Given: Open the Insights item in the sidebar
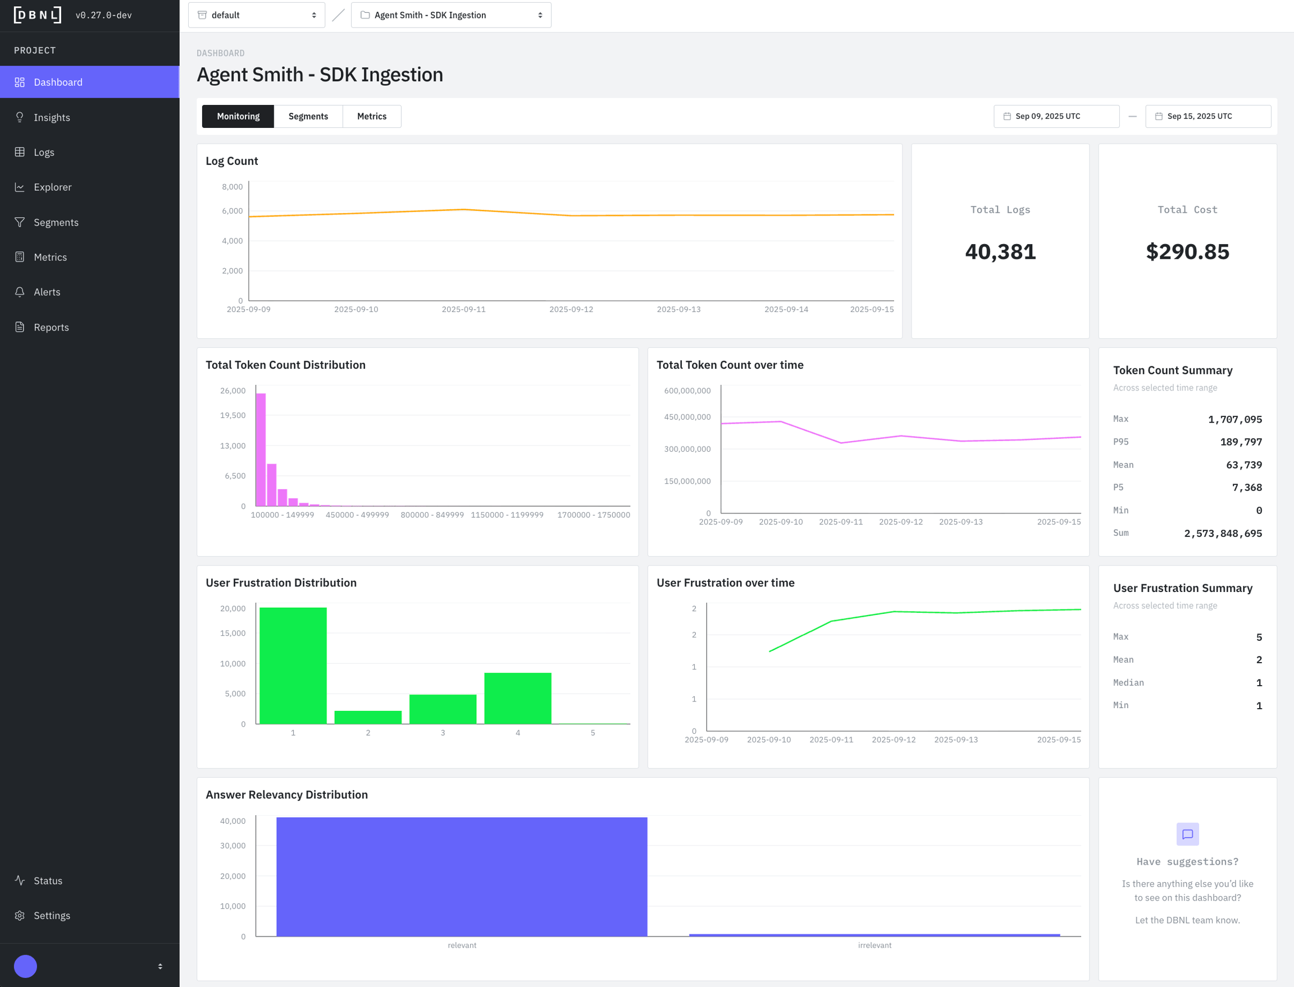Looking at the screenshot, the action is click(x=52, y=117).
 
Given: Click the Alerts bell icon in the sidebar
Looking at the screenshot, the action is click(x=20, y=292).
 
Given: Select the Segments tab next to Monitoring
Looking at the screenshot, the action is click(x=308, y=116).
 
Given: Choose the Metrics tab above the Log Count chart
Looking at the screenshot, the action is click(x=372, y=116).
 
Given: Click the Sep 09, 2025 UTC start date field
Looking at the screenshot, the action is click(x=1056, y=116).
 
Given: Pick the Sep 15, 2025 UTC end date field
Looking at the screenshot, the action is click(x=1208, y=116).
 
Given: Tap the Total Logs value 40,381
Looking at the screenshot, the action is click(x=1000, y=252).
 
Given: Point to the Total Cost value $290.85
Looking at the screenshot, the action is click(x=1187, y=252).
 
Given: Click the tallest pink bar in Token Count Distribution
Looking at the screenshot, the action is click(x=261, y=449).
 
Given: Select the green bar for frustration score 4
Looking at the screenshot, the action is click(x=517, y=698).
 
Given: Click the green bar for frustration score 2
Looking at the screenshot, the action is click(x=368, y=717).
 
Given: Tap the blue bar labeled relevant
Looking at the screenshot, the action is click(x=462, y=876).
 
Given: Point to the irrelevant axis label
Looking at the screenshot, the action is click(x=874, y=945).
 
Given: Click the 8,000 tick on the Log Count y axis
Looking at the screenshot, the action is click(x=232, y=187).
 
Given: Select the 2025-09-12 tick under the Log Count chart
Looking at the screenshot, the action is click(x=571, y=310).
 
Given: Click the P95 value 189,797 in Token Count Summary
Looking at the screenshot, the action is click(x=1241, y=442).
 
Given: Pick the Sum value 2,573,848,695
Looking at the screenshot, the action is click(x=1223, y=534).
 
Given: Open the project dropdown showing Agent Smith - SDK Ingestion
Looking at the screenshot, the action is click(x=451, y=15).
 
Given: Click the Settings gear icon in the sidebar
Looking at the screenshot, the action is click(x=20, y=915).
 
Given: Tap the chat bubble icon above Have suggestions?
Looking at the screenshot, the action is click(x=1187, y=834).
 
